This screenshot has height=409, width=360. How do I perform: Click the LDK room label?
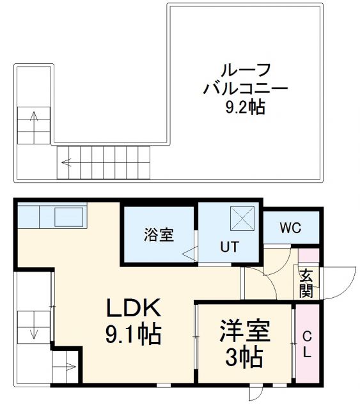[x=132, y=309]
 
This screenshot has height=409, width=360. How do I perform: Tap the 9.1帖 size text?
[x=132, y=334]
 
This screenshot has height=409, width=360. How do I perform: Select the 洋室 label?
[x=246, y=330]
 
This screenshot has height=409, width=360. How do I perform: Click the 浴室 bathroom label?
[x=158, y=235]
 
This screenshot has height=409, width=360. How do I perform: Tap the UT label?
[x=230, y=246]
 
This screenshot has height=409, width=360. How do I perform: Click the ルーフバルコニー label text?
[x=246, y=79]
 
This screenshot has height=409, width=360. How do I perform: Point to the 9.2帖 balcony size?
[x=245, y=107]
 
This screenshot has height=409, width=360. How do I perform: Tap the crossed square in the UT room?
[x=243, y=217]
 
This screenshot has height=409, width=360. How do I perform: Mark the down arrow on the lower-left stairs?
[x=33, y=332]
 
